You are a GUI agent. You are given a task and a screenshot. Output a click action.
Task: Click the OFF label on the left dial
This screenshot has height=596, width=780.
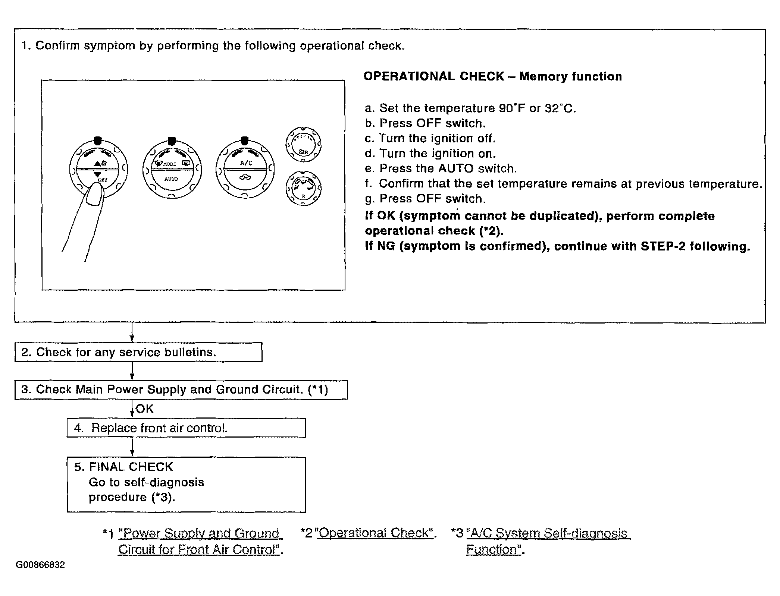tap(102, 180)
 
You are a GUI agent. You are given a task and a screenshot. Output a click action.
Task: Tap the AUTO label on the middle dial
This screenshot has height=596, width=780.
tap(171, 179)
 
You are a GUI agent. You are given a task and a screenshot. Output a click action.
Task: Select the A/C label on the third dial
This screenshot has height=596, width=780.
tap(246, 163)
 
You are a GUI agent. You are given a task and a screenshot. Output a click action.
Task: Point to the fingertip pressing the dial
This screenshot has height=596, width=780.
tap(95, 194)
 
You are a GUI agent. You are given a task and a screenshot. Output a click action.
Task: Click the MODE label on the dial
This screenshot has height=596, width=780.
tap(170, 164)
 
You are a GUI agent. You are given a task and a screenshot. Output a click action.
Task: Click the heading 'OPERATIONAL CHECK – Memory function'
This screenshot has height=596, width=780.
tap(492, 76)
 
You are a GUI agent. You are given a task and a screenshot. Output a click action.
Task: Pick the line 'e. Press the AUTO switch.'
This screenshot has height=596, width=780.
tap(441, 168)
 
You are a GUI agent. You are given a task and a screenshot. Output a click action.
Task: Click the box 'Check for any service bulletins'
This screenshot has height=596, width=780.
tap(138, 352)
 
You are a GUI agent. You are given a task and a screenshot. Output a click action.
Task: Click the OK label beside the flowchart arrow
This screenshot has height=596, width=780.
tap(145, 409)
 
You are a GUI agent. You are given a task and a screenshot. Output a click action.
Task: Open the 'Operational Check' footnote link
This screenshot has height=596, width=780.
tap(375, 533)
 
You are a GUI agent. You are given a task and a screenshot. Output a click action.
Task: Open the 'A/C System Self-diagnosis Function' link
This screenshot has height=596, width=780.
tap(548, 533)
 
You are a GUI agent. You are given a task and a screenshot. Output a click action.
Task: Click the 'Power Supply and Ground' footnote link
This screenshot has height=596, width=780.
tap(200, 533)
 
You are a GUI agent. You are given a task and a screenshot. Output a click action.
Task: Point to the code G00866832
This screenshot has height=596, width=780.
tap(40, 565)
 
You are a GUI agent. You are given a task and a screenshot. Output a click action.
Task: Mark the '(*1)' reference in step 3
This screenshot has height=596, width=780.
tap(318, 390)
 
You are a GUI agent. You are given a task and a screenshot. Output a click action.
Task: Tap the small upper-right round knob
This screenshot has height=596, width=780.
tap(303, 144)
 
